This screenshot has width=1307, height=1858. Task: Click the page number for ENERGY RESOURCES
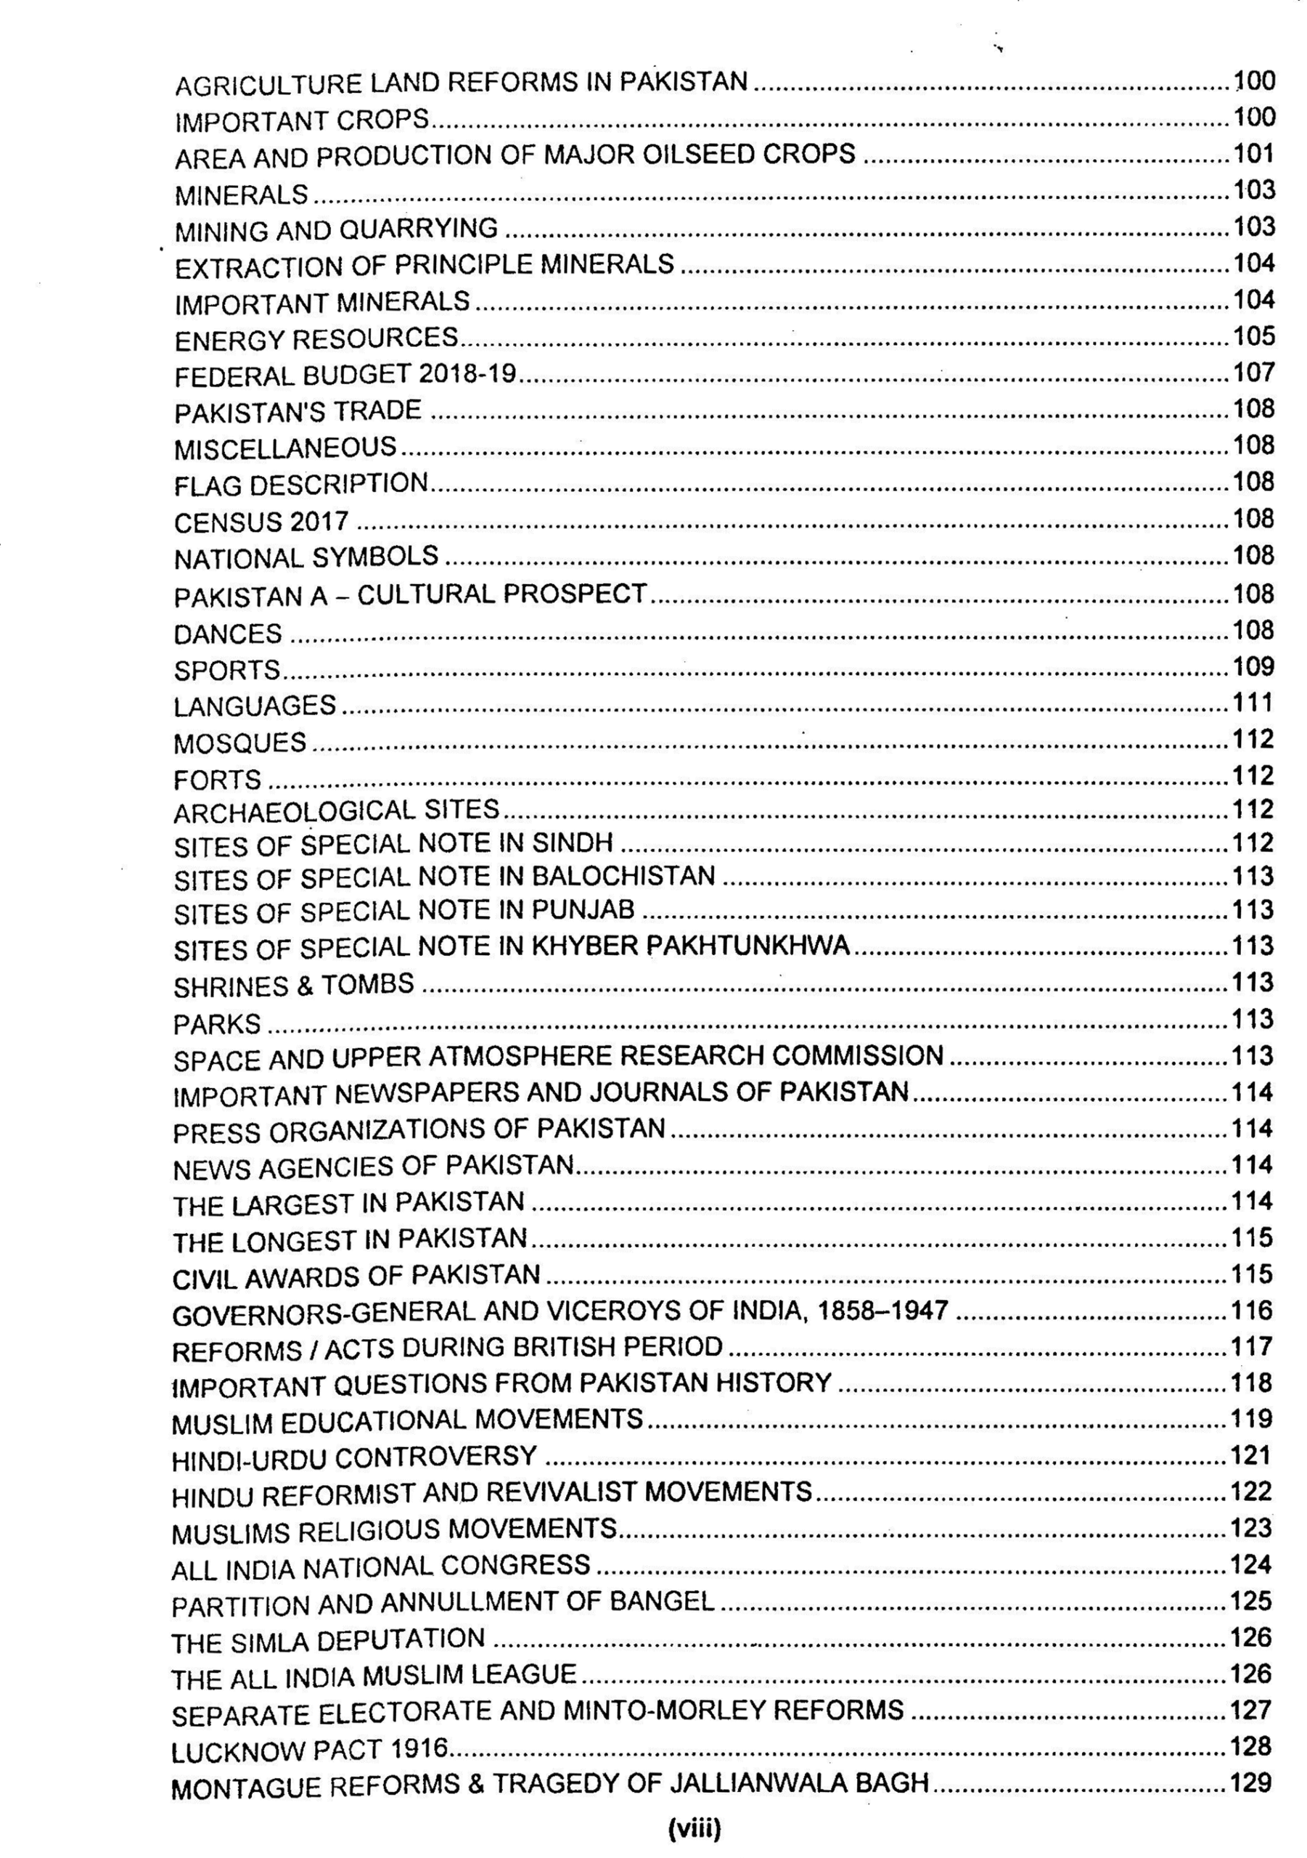click(1253, 336)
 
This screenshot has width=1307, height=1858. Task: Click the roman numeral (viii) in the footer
click(694, 1828)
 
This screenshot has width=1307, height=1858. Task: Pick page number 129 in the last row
click(1250, 1782)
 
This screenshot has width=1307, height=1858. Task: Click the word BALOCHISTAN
click(623, 877)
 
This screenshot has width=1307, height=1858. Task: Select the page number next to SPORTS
click(1253, 667)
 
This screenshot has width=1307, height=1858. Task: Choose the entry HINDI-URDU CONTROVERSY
click(354, 1457)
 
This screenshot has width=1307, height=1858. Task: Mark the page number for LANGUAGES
click(1253, 703)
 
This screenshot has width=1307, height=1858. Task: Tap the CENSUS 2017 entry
click(261, 522)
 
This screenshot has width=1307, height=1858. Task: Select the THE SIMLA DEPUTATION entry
click(328, 1641)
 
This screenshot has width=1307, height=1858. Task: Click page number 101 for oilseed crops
click(1253, 153)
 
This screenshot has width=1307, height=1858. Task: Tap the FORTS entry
click(217, 779)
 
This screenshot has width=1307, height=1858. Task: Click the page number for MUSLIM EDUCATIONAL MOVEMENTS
click(1251, 1419)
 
